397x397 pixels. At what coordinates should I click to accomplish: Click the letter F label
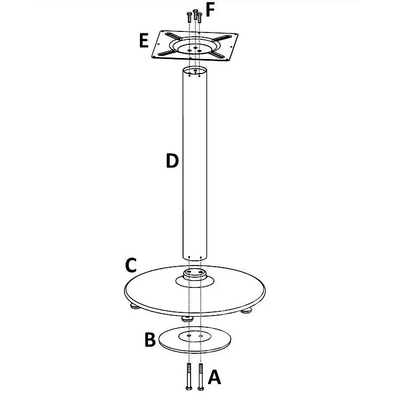[x=210, y=11]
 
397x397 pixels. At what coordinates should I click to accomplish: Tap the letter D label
[x=172, y=161]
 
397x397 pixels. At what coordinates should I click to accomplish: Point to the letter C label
[x=131, y=265]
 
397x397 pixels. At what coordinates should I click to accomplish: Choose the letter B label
[x=150, y=340]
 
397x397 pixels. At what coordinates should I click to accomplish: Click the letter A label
[x=214, y=377]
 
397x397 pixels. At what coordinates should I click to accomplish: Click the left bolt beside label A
[x=188, y=376]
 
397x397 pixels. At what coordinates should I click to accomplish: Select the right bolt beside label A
[x=201, y=376]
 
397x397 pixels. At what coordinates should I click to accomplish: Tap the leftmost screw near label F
[x=189, y=17]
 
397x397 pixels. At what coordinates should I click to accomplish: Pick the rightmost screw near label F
[x=200, y=18]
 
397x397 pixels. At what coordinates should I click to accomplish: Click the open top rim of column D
[x=195, y=70]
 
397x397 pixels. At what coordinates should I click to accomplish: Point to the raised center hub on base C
[x=195, y=274]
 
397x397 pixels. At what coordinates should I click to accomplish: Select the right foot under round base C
[x=246, y=310]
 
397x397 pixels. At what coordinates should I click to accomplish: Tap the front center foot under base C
[x=187, y=319]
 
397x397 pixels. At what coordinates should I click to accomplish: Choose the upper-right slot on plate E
[x=221, y=38]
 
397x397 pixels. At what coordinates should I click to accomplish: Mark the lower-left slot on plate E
[x=167, y=53]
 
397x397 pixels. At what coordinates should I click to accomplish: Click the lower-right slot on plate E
[x=217, y=55]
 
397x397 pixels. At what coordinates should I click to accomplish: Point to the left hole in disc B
[x=189, y=335]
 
